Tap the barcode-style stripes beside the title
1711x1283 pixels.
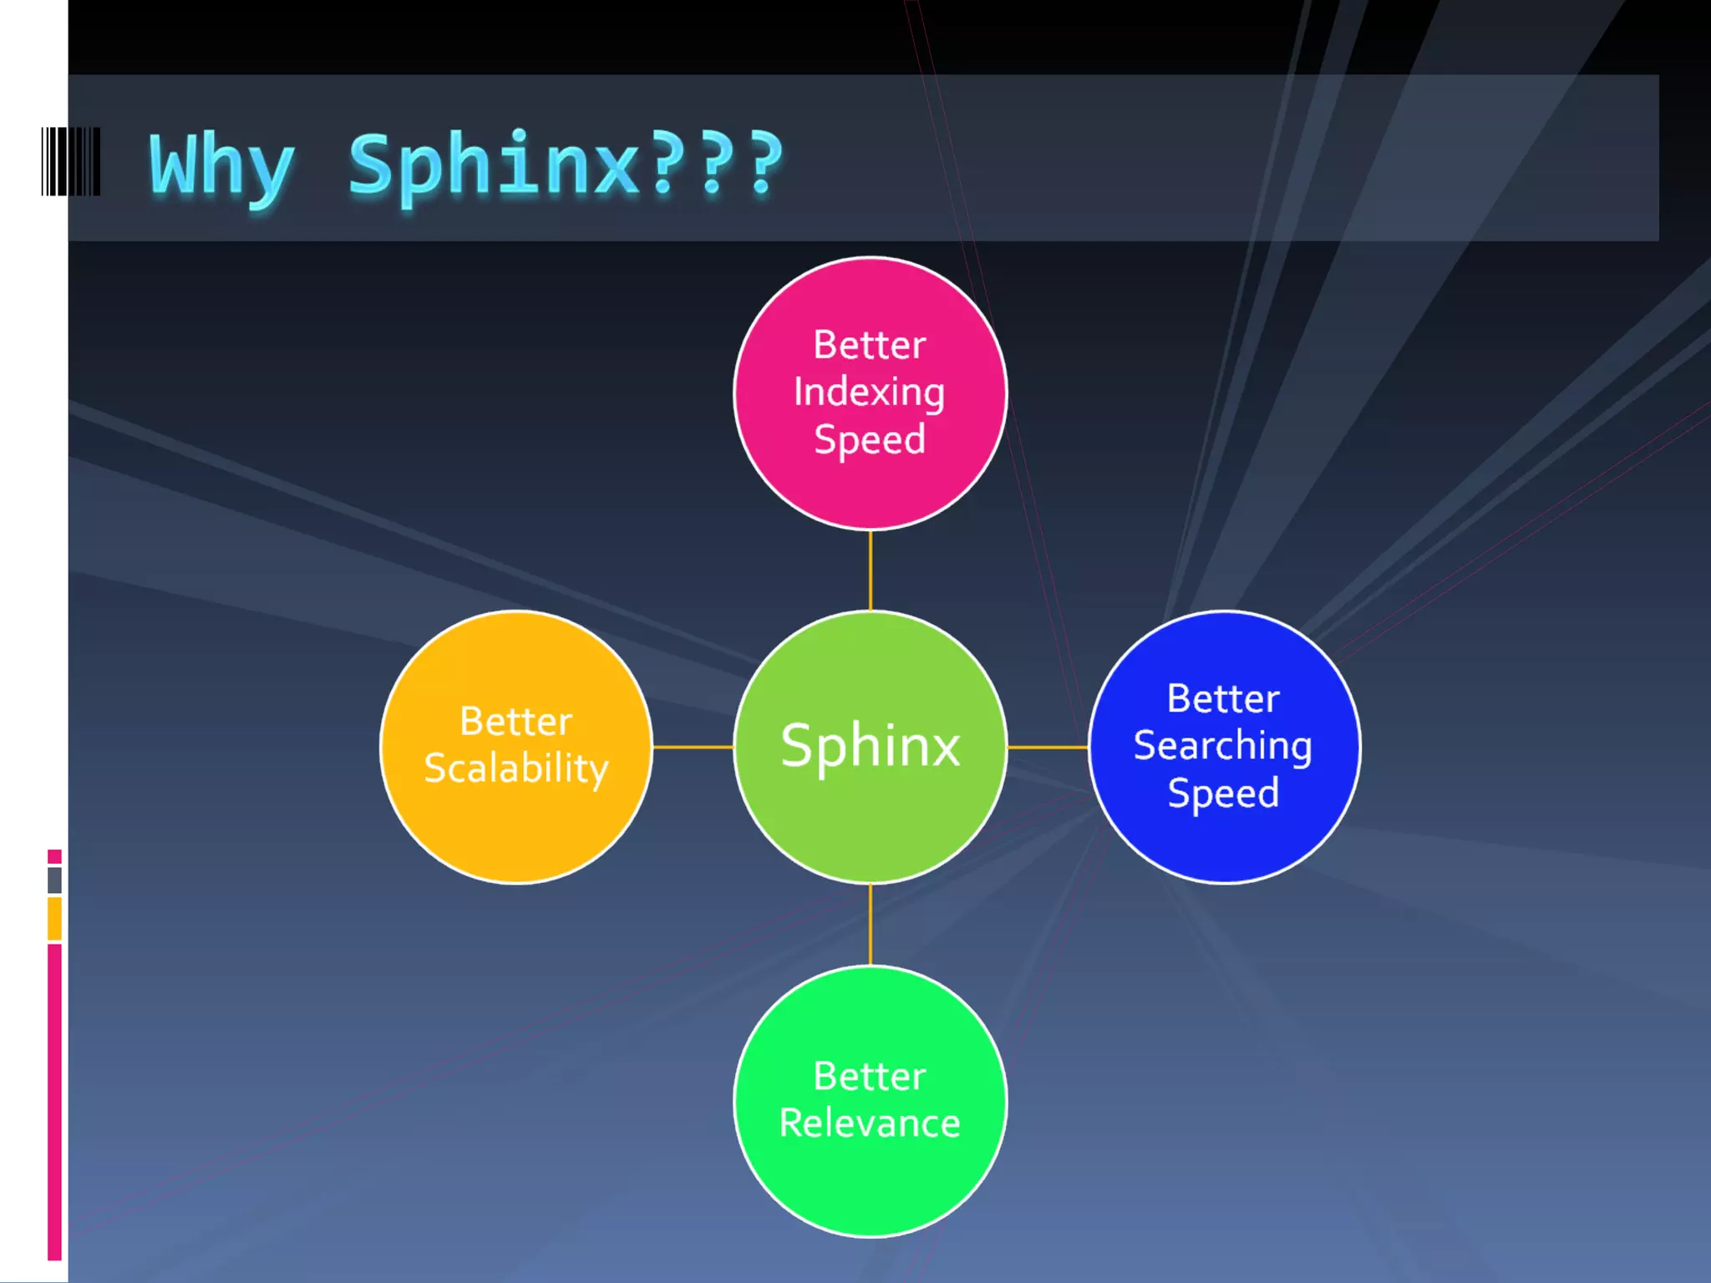point(71,162)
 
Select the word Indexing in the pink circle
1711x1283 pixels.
point(869,393)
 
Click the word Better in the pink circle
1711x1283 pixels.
point(870,345)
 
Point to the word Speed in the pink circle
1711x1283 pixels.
point(870,439)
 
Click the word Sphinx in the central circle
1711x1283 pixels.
point(871,745)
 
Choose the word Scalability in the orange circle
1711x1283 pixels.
point(516,768)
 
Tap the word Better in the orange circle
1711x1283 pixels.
point(516,721)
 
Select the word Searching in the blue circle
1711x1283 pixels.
point(1223,745)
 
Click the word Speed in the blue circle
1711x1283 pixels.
point(1223,793)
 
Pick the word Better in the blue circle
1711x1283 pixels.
point(1223,698)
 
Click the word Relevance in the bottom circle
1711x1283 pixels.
point(870,1123)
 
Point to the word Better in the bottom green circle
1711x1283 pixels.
point(870,1076)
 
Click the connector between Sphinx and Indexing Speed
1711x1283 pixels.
point(871,571)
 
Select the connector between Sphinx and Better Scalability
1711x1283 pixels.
point(693,747)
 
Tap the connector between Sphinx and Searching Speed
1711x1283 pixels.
point(1048,747)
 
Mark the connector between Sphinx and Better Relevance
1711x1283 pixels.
point(871,925)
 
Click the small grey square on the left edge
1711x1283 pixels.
point(55,880)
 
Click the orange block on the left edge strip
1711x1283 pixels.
point(55,918)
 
